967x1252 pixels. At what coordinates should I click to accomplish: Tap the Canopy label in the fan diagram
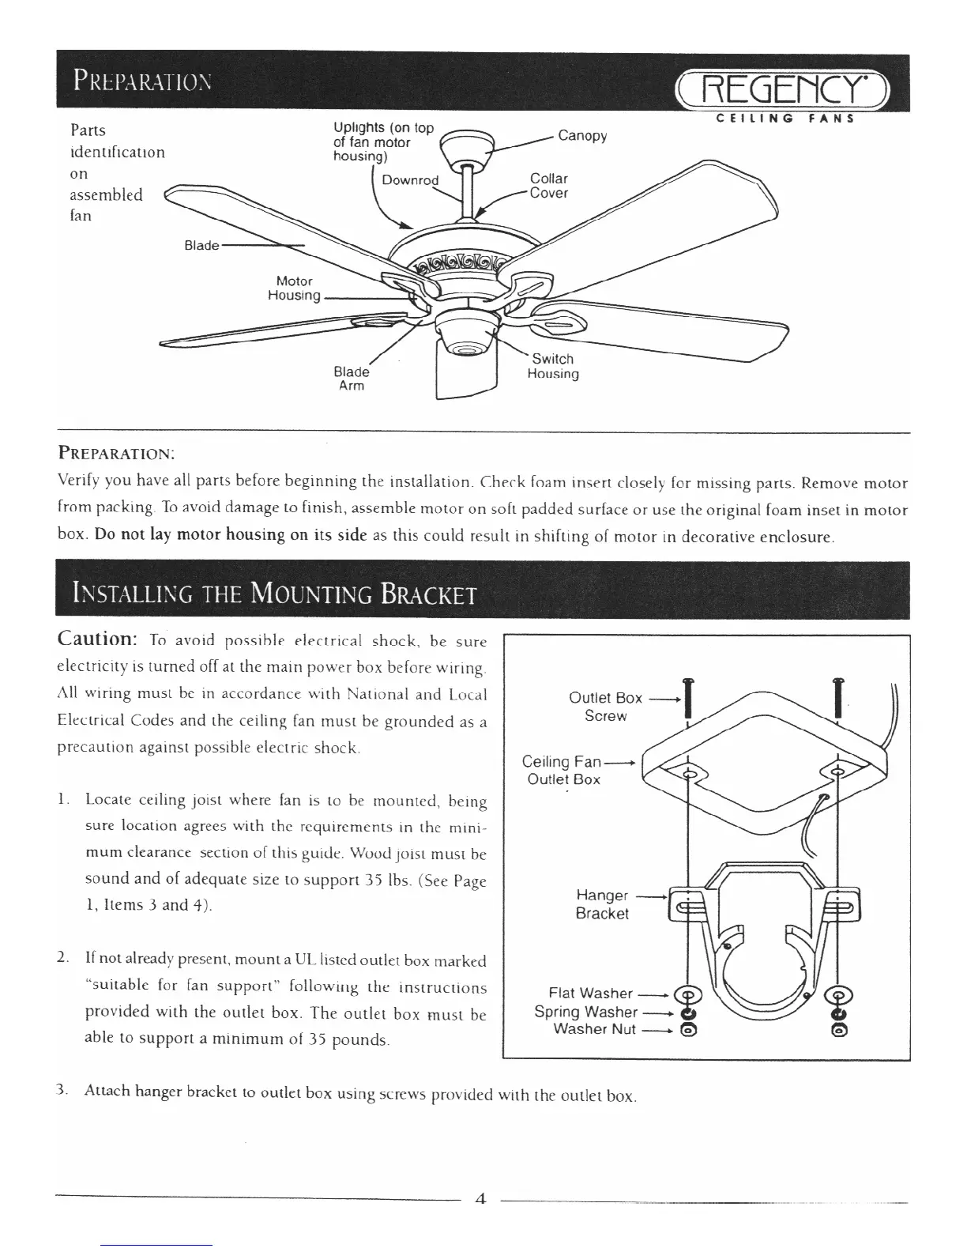click(x=582, y=135)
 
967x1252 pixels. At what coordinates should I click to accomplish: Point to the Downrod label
click(x=409, y=179)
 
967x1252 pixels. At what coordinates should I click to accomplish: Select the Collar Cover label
click(x=548, y=186)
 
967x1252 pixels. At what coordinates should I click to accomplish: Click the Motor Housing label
click(x=293, y=288)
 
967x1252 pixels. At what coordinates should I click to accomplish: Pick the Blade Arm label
click(x=352, y=379)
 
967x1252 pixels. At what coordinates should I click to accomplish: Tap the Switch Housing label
click(x=553, y=366)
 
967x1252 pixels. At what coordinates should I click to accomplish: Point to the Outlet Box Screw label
click(x=605, y=707)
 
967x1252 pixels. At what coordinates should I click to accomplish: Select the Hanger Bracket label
click(x=602, y=904)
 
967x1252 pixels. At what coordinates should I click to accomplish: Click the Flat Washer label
click(x=590, y=993)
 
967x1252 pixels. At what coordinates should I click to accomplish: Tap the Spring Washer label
click(x=585, y=1011)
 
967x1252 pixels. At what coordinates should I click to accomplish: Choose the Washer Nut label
click(x=594, y=1029)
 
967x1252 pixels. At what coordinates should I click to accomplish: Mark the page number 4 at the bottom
click(x=480, y=1198)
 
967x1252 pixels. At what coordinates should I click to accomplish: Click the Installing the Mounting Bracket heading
click(x=274, y=592)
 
